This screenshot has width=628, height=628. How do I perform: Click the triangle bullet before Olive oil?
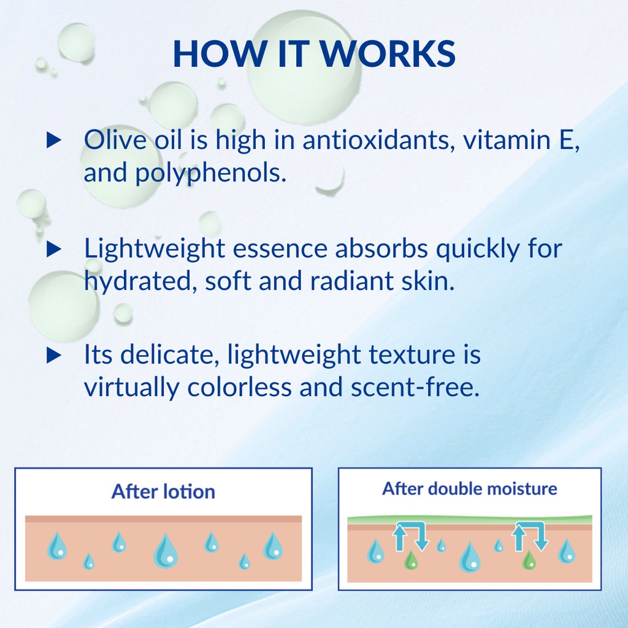coord(54,140)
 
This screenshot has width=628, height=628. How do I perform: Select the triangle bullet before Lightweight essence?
coord(54,249)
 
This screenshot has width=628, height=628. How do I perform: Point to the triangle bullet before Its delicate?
coord(54,355)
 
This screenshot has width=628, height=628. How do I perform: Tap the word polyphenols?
coord(211,173)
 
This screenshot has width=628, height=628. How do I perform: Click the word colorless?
coord(240,387)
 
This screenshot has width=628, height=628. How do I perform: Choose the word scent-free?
coord(415,388)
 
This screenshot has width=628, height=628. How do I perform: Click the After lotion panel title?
coord(163,491)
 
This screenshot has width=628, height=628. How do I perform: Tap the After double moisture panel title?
coord(469,489)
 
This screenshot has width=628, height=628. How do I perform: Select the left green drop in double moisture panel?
coord(411,560)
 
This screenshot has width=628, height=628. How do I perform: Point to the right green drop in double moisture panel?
coord(529,560)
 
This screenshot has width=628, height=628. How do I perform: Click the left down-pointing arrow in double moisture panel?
coord(422,537)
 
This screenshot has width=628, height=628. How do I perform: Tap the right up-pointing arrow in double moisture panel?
coord(519,537)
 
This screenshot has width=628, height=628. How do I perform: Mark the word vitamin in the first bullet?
coord(507,140)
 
